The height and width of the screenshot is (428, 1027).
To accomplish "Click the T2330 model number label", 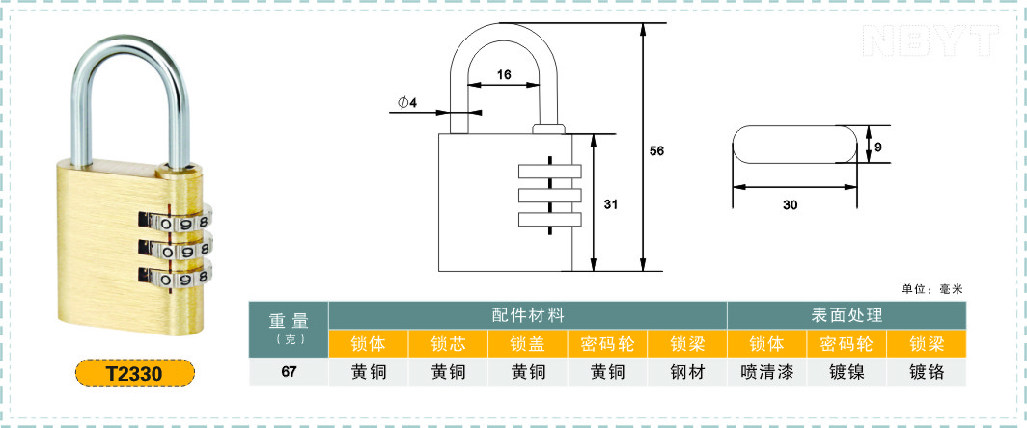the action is [135, 372].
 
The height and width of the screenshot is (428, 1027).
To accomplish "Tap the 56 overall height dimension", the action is [656, 151].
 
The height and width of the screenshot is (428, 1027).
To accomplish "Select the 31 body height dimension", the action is [610, 204].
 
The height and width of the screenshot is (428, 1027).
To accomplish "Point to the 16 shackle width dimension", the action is [503, 74].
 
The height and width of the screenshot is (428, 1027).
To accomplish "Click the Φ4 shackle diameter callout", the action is [406, 102].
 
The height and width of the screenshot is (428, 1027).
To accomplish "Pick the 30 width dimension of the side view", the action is [790, 204].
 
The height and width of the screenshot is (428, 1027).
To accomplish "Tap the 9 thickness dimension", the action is [878, 147].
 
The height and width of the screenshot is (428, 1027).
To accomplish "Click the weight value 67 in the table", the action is [289, 372].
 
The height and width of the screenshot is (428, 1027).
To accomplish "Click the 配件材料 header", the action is [528, 315].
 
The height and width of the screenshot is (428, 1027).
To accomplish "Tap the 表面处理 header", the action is [847, 315].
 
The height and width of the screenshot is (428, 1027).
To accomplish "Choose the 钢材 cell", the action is [687, 372].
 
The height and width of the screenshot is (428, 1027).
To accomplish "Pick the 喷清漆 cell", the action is [767, 372].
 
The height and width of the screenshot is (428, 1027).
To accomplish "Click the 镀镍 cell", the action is [847, 372].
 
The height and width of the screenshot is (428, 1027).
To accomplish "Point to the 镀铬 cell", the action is [927, 372].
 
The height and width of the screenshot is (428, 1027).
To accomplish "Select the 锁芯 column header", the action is [448, 343].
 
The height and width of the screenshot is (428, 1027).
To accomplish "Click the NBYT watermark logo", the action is [930, 40].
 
